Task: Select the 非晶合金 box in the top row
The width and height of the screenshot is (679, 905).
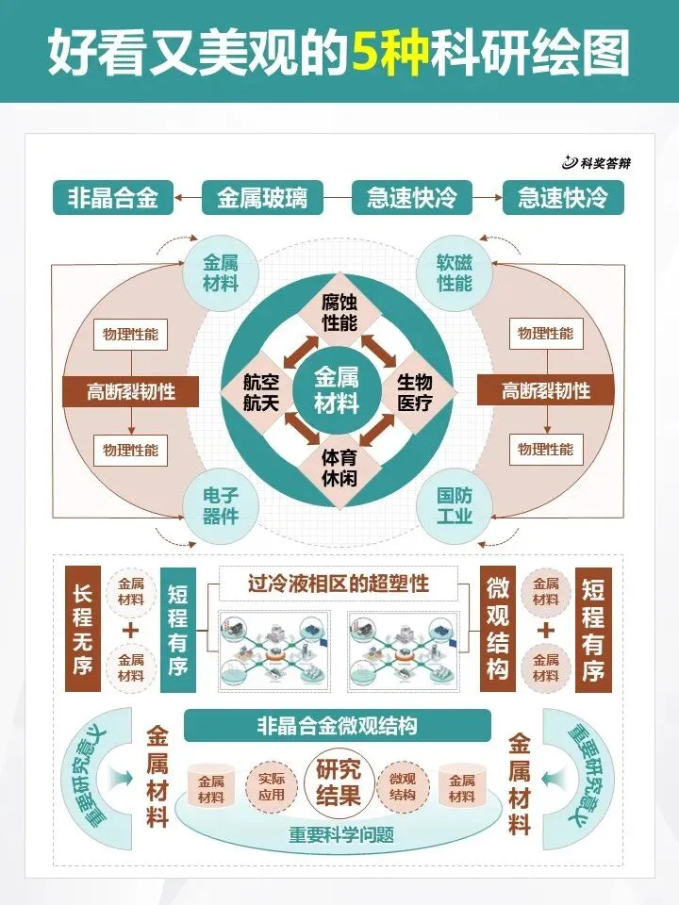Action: (112, 198)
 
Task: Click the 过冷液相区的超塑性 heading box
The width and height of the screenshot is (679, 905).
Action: (339, 584)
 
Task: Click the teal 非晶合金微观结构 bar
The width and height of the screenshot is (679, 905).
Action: (337, 726)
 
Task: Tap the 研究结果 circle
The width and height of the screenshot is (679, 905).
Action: (338, 782)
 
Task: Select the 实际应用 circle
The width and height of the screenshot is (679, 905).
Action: (272, 787)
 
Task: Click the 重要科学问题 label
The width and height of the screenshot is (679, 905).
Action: (339, 835)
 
